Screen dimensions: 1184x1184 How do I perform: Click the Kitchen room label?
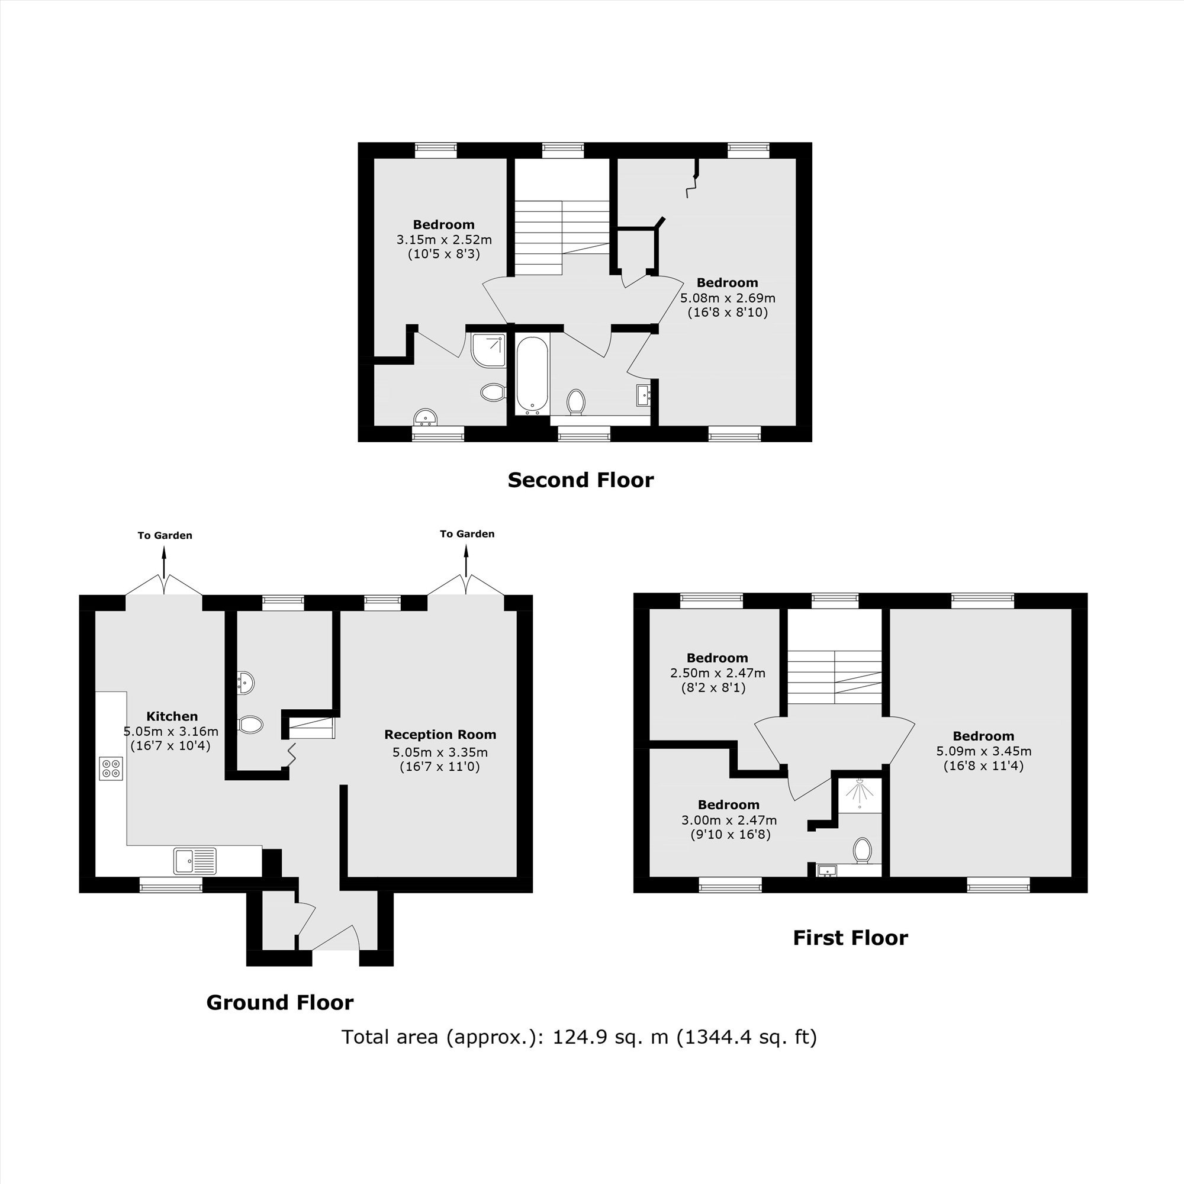[172, 716]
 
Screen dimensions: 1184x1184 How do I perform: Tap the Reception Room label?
[440, 734]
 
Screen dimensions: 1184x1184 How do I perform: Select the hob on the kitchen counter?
[111, 768]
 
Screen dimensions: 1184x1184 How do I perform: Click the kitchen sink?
[195, 860]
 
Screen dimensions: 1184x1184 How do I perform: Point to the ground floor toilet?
[250, 725]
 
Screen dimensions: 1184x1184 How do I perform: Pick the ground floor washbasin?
[245, 682]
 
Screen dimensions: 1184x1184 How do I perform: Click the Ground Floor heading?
[280, 1003]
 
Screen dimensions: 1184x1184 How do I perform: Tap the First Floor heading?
[851, 938]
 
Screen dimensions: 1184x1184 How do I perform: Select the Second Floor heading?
[580, 480]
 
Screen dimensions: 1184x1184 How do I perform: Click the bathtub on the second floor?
[532, 373]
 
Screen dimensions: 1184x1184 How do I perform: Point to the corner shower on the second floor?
[488, 350]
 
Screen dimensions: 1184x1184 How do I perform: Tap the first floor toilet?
[863, 851]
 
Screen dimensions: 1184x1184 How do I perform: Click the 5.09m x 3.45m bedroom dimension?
[983, 751]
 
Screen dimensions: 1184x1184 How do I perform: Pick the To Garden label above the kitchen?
[165, 536]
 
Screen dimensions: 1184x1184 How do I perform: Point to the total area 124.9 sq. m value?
[610, 1037]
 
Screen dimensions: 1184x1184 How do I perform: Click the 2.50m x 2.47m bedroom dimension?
[718, 673]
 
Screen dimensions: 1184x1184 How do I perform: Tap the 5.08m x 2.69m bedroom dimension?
[728, 298]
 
